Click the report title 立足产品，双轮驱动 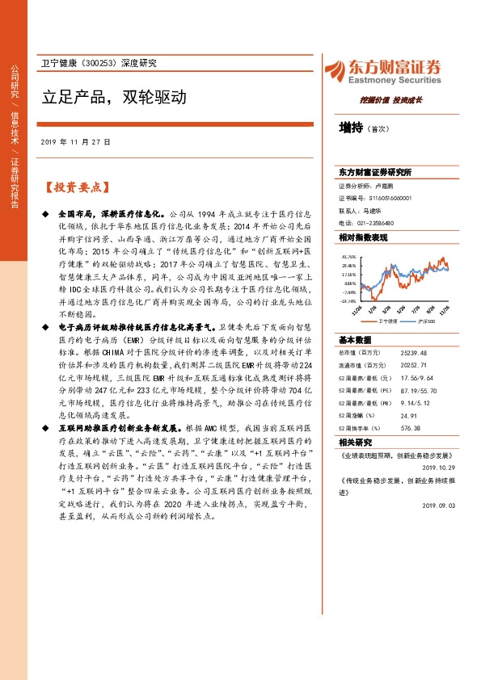[114, 98]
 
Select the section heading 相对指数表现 [362, 237]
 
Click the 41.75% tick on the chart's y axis [348, 256]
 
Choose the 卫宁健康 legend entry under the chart [387, 321]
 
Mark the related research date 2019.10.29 [439, 466]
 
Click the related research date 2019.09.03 [439, 505]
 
